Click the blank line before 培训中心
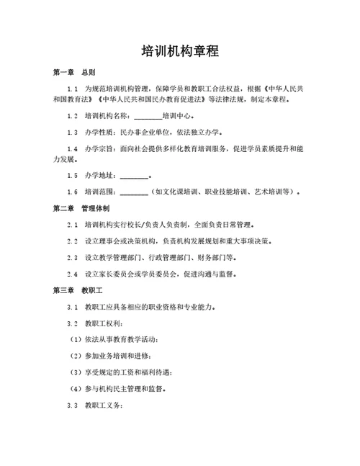pos(148,116)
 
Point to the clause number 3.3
pos(72,405)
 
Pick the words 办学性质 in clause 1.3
pos(99,133)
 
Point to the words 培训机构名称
pos(107,116)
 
